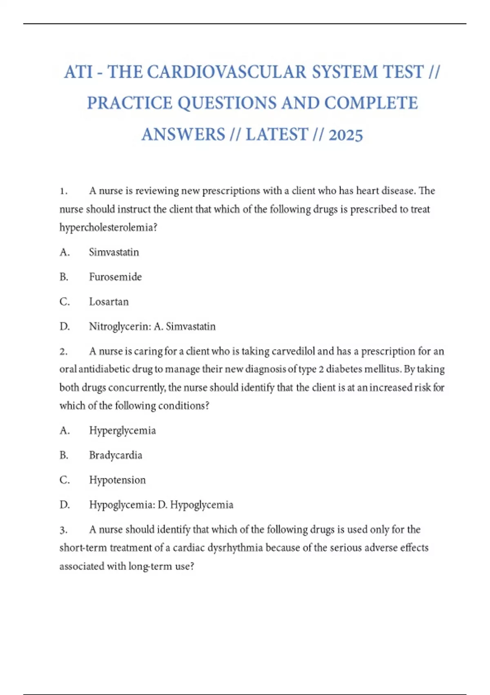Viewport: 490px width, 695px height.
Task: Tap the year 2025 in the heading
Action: click(345, 135)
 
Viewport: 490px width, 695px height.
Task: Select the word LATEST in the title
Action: click(277, 135)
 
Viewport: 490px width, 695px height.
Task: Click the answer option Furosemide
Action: click(115, 277)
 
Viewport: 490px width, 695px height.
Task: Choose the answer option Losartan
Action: click(109, 302)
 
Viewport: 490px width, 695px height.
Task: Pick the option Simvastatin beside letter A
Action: click(114, 252)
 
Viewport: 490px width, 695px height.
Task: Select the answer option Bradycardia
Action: click(116, 455)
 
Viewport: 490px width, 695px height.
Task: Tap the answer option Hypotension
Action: click(117, 480)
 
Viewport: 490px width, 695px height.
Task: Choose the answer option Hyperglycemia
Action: click(122, 430)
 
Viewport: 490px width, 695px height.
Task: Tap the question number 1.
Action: click(63, 191)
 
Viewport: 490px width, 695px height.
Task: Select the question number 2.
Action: click(63, 352)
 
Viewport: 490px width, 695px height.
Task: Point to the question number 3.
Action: click(63, 530)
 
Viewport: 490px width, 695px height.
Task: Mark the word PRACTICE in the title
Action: click(129, 103)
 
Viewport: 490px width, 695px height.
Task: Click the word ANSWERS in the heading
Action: click(183, 135)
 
